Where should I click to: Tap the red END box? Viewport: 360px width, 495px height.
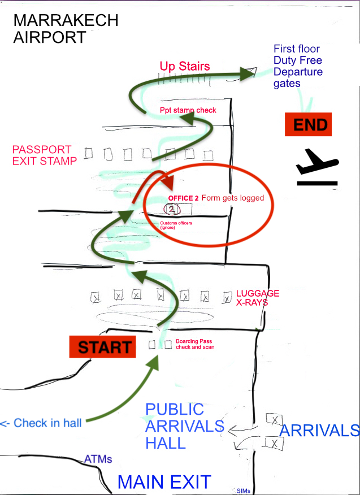click(x=307, y=124)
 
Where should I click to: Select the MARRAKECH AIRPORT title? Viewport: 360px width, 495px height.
click(x=66, y=29)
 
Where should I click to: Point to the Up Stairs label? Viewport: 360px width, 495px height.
click(x=184, y=67)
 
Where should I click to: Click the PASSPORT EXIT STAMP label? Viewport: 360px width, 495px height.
click(x=44, y=155)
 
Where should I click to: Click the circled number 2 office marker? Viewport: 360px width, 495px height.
click(x=172, y=210)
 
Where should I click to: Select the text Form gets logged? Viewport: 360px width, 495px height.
click(x=233, y=198)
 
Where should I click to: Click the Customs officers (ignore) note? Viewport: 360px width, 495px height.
click(x=176, y=225)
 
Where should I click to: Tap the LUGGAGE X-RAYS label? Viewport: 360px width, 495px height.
click(x=257, y=298)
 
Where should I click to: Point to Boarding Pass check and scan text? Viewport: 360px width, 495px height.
click(x=195, y=344)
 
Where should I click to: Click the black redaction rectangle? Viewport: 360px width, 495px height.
click(x=34, y=406)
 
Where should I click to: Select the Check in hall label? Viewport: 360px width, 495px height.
click(x=41, y=423)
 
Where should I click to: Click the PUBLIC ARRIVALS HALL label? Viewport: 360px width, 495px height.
click(x=176, y=425)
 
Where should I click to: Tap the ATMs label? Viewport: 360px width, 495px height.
click(x=98, y=459)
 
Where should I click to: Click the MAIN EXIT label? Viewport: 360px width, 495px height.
click(x=164, y=482)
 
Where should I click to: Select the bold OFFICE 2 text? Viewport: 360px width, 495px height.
click(x=183, y=198)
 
